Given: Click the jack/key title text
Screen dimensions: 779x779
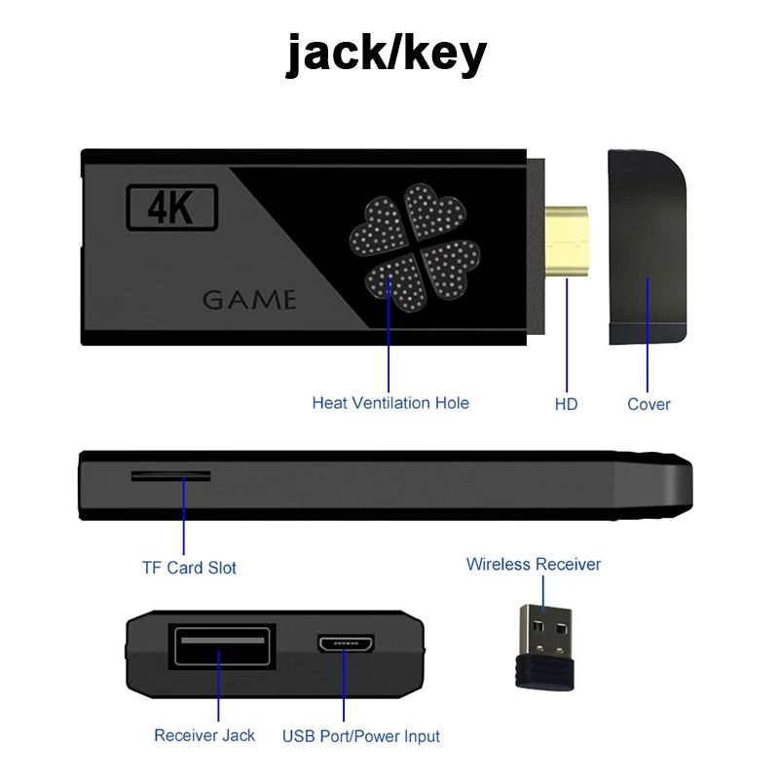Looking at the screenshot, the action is [x=387, y=54].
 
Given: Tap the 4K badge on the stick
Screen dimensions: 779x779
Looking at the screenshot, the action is [x=173, y=206].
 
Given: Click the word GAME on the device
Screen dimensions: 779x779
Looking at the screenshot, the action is [x=249, y=299].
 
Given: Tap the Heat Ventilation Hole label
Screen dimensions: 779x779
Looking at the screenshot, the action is [x=390, y=402].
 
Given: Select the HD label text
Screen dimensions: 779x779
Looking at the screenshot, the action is [x=566, y=403].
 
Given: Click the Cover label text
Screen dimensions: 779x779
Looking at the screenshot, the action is [x=649, y=403].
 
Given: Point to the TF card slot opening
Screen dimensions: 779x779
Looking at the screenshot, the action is [x=171, y=476].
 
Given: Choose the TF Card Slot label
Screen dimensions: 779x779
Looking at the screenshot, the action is [x=189, y=568].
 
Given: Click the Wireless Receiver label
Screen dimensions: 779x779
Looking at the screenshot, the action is [x=534, y=564].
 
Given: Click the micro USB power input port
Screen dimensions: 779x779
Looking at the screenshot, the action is [x=346, y=646].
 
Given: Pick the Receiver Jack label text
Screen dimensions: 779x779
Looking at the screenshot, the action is [x=204, y=735].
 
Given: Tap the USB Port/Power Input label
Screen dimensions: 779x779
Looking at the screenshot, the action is [x=361, y=736].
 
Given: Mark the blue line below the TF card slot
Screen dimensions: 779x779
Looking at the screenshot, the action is [x=183, y=516].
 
